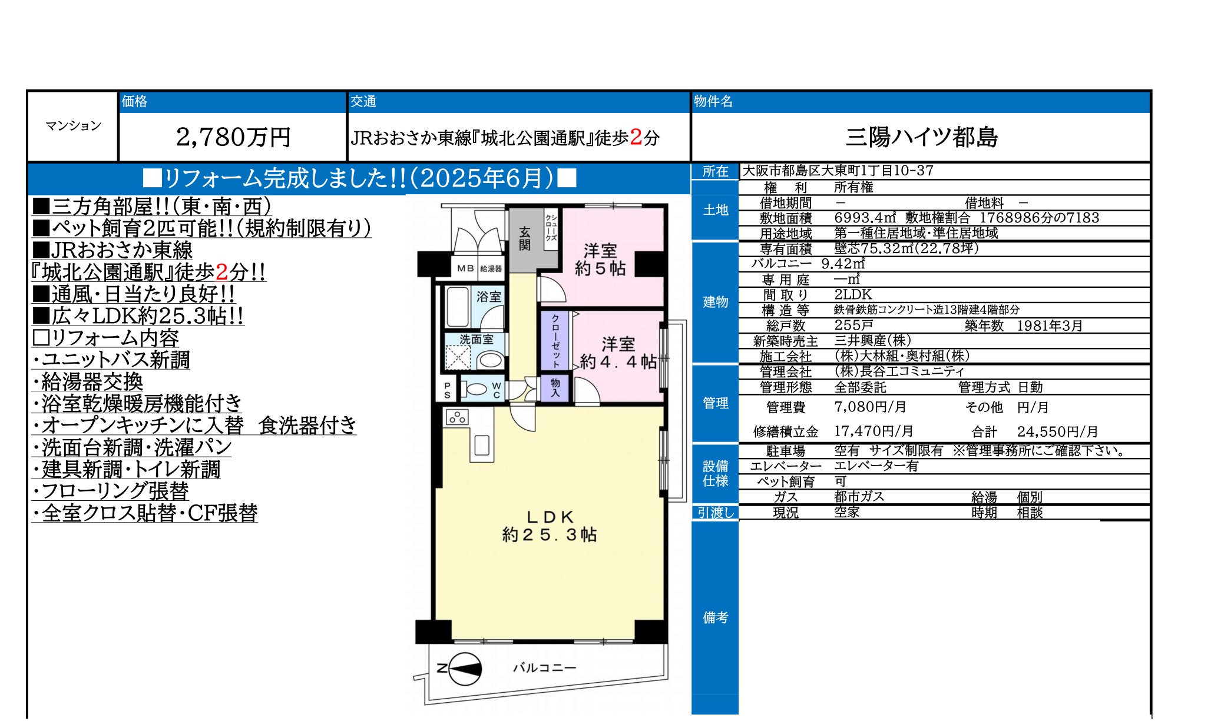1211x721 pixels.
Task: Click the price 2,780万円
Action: coord(233,137)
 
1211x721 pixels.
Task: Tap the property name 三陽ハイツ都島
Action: coord(922,137)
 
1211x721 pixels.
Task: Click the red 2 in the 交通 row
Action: coord(636,137)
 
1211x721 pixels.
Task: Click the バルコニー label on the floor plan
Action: coord(544,667)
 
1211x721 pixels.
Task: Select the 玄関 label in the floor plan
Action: coord(525,238)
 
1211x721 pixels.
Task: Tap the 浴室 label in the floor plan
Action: coord(488,297)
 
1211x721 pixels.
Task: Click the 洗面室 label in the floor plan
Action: coord(476,340)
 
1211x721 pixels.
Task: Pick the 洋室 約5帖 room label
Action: coord(600,260)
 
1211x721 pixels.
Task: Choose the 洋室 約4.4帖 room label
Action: coord(618,353)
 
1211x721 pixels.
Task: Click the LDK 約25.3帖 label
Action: coord(550,526)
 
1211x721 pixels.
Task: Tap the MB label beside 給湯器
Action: coord(465,268)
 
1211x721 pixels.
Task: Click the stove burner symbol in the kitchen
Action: coord(457,418)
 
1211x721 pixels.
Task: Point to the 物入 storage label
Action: coord(555,387)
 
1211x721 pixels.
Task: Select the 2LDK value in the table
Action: coord(853,294)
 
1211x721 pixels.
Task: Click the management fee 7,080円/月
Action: coord(871,407)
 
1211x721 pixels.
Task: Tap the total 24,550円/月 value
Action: coord(1057,431)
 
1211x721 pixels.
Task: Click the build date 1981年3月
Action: coord(1050,325)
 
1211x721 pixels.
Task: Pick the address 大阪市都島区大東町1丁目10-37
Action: coord(838,171)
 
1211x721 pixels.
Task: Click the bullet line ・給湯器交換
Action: coord(87,382)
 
